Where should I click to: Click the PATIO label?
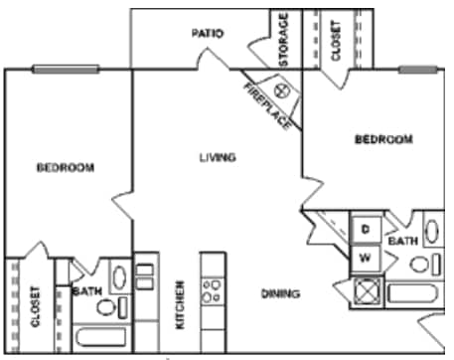[x=208, y=33]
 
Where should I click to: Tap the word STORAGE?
[x=284, y=39]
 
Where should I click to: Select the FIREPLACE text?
[x=267, y=105]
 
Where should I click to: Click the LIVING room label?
[x=218, y=157]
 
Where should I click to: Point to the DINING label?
[x=281, y=293]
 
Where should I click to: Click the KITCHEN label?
[x=180, y=305]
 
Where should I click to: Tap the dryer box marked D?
[x=366, y=229]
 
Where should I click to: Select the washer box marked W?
[x=366, y=259]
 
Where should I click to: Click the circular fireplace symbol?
[x=282, y=90]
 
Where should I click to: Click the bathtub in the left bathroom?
[x=101, y=337]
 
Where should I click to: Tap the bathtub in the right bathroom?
[x=413, y=293]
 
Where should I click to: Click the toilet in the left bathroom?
[x=106, y=307]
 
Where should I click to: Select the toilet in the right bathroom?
[x=419, y=265]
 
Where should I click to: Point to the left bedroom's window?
[x=66, y=70]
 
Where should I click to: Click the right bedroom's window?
[x=418, y=70]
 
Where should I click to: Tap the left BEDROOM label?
[x=66, y=167]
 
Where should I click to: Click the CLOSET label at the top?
[x=336, y=41]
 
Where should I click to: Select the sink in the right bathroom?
[x=432, y=232]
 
